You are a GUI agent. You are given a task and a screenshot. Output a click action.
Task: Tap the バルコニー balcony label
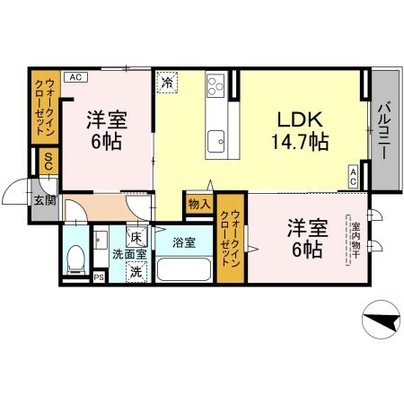coord(382,131)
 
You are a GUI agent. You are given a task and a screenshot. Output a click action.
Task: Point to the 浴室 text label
coord(183,242)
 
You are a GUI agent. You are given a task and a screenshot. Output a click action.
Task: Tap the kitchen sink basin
coord(216,140)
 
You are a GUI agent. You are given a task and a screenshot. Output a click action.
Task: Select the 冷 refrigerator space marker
coord(168,82)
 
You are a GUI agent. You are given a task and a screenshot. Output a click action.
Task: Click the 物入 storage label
coord(198,205)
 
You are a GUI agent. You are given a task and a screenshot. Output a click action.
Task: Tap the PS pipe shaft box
coord(99,277)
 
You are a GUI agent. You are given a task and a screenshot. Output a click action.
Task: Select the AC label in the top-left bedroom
coord(75,76)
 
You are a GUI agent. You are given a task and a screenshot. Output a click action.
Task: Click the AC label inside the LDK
coord(355,175)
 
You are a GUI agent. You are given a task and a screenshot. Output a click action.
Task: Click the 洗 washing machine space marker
coord(136,271)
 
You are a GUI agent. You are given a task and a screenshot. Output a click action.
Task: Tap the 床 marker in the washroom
coord(136,238)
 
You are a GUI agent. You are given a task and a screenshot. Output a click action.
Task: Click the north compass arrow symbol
coord(381,321)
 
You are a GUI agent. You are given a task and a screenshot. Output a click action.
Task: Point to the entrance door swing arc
coord(18,193)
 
